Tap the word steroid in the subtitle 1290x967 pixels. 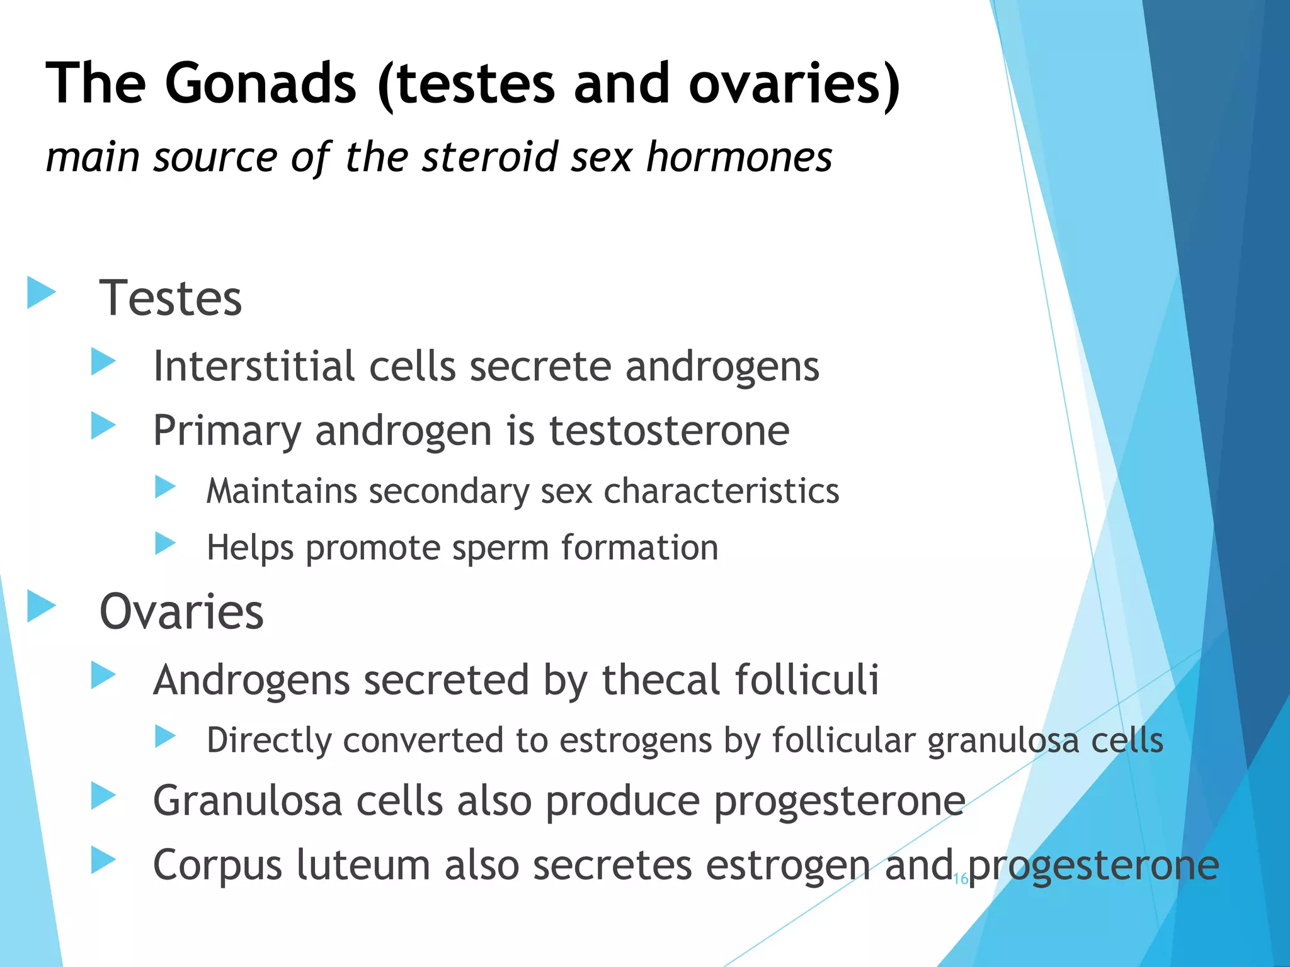tap(490, 157)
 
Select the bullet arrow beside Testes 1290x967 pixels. tap(42, 293)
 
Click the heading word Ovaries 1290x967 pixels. tap(181, 612)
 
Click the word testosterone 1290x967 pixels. tap(669, 431)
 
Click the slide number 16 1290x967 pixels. tap(961, 879)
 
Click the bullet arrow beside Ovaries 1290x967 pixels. tap(42, 606)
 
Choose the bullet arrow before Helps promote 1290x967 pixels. tap(165, 543)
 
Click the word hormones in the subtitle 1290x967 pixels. tap(739, 157)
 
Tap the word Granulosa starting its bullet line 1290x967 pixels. tap(247, 801)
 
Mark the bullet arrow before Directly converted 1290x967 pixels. tap(165, 736)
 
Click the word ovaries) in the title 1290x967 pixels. tap(794, 84)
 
